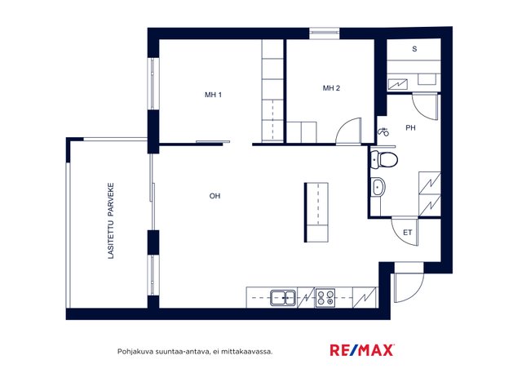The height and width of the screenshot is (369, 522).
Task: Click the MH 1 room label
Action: (x=213, y=95)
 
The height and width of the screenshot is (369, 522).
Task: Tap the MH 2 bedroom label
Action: (x=331, y=88)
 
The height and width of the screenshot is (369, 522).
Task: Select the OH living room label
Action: (x=215, y=196)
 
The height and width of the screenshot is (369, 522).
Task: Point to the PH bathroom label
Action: (x=410, y=127)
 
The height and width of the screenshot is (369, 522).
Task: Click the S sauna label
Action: (x=414, y=49)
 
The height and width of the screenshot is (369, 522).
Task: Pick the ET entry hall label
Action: (x=408, y=233)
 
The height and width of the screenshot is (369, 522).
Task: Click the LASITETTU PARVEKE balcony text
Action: (x=111, y=220)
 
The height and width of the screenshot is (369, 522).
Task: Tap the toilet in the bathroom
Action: (x=384, y=159)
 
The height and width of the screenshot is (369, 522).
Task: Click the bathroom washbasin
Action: (x=378, y=187)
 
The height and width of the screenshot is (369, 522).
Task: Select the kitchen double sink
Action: (x=283, y=298)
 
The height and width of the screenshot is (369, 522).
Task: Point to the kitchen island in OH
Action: (x=316, y=212)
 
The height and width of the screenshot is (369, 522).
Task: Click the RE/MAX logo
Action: (x=362, y=350)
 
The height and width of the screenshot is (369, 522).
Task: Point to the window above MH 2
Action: (x=325, y=33)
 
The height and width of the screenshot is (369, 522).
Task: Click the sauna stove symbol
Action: (x=398, y=84)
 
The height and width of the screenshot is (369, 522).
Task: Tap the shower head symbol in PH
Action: (x=383, y=131)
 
